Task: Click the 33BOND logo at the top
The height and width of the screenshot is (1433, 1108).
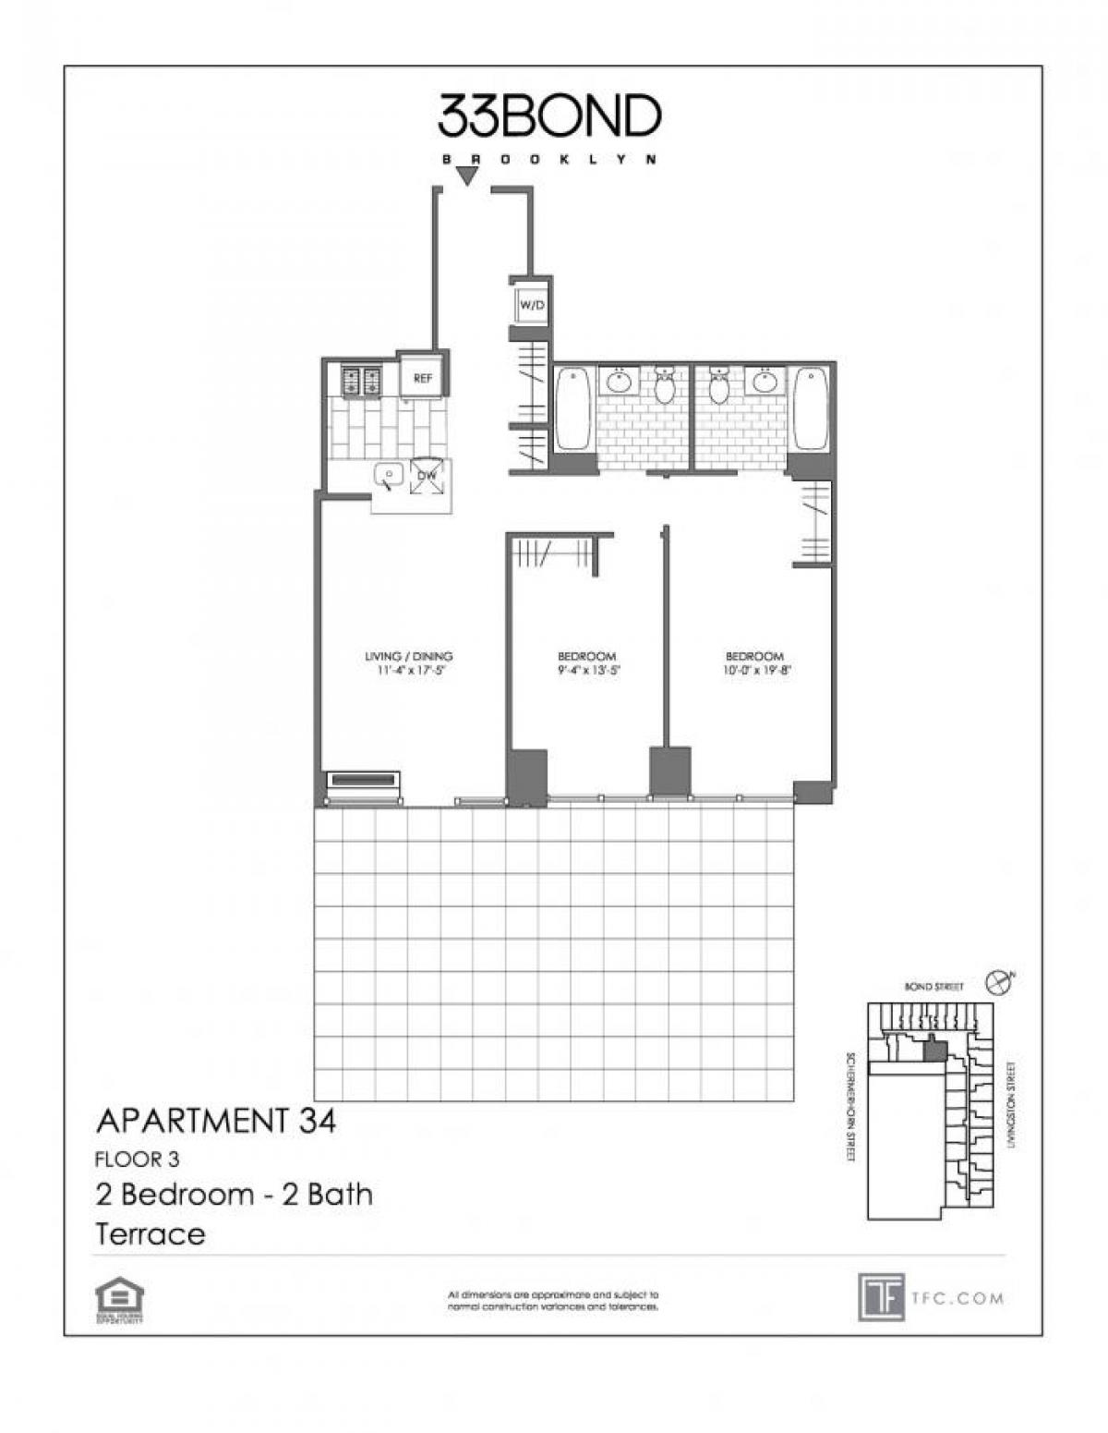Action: pos(548,115)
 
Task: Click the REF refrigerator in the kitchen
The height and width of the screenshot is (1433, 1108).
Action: pos(423,377)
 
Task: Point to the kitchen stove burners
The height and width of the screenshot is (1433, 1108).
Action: pos(362,379)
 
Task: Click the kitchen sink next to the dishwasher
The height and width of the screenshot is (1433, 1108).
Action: pos(389,477)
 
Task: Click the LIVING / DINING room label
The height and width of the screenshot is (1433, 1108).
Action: pos(409,657)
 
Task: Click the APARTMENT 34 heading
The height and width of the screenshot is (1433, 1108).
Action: pos(216,1122)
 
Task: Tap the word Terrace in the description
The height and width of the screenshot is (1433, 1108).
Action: pos(150,1233)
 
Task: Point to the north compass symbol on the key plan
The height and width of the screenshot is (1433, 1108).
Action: pos(998,981)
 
